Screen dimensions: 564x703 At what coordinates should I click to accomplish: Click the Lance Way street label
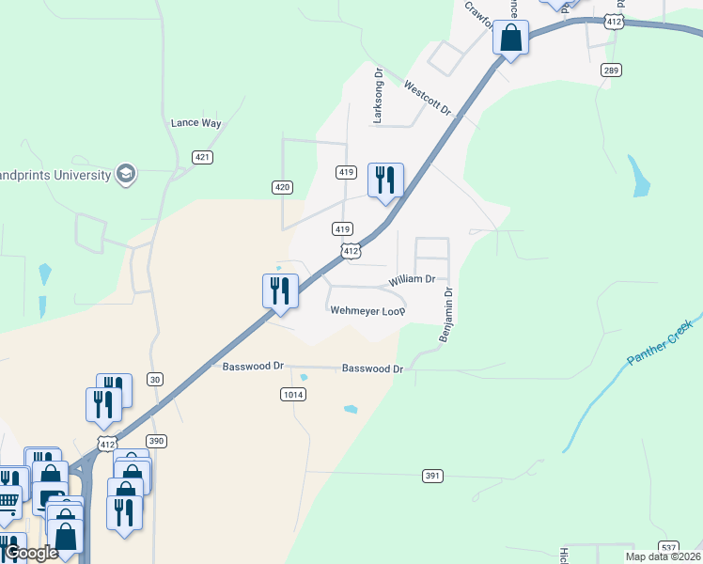coord(195,123)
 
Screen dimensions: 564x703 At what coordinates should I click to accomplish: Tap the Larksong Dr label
coord(379,95)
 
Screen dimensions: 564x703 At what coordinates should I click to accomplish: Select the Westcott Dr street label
coord(428,99)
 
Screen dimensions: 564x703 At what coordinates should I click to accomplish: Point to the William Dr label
coord(412,279)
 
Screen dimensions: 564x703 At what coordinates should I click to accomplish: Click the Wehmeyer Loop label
coord(367,310)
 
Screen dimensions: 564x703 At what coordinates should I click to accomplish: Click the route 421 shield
coord(202,157)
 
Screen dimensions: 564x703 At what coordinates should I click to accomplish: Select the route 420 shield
coord(283,188)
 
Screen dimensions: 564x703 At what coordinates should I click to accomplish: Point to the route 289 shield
coord(612,70)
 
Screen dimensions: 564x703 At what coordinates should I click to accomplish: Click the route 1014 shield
coord(292,395)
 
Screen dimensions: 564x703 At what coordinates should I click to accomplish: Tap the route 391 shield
coord(432,477)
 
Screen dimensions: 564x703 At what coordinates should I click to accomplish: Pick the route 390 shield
coord(156,441)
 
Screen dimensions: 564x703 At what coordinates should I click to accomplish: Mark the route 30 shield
coord(155,379)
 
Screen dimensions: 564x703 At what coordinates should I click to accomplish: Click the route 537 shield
coord(668,546)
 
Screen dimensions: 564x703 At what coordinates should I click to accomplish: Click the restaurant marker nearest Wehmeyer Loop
coord(280,290)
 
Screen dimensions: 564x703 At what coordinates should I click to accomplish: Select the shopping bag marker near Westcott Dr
coord(510,39)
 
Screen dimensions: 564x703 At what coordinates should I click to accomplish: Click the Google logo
coord(31,553)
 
